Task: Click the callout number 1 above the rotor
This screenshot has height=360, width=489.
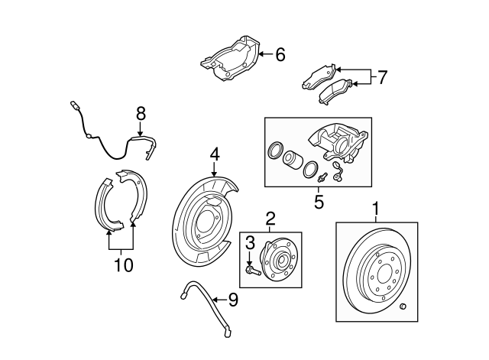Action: click(x=376, y=208)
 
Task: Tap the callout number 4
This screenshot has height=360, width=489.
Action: click(x=215, y=154)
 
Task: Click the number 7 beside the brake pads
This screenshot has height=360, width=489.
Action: click(x=382, y=76)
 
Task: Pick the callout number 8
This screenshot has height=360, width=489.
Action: click(x=140, y=113)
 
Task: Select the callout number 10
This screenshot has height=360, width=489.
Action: click(x=122, y=265)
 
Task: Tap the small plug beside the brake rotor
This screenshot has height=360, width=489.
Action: click(x=403, y=308)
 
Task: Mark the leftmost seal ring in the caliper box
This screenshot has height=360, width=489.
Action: click(x=273, y=151)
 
